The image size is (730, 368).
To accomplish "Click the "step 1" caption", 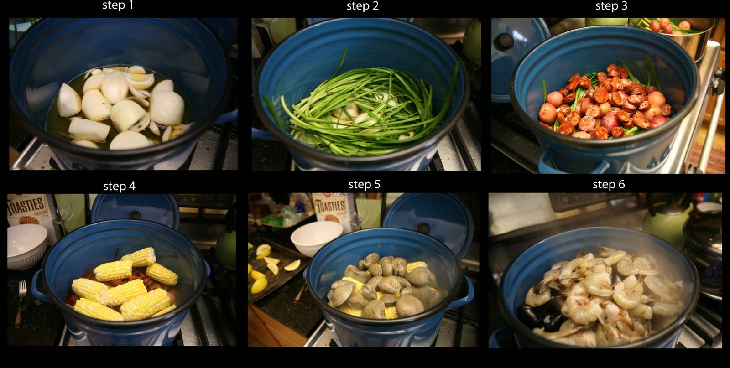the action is [118, 5].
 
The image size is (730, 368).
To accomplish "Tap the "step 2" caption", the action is [362, 6].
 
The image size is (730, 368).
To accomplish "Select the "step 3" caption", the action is [611, 6].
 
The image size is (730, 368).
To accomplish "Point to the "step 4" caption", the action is [119, 186].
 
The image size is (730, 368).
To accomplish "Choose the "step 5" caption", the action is [365, 184].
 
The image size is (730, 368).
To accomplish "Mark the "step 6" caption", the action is [609, 184].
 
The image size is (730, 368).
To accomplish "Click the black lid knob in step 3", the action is [505, 40].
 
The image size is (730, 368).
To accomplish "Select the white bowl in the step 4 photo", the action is [27, 246].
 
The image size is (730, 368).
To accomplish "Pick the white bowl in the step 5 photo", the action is [316, 238].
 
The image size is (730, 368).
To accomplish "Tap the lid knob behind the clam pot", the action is [423, 228].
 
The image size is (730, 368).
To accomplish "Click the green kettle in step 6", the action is [667, 225].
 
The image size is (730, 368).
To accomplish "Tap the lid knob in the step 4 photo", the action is [135, 215].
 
